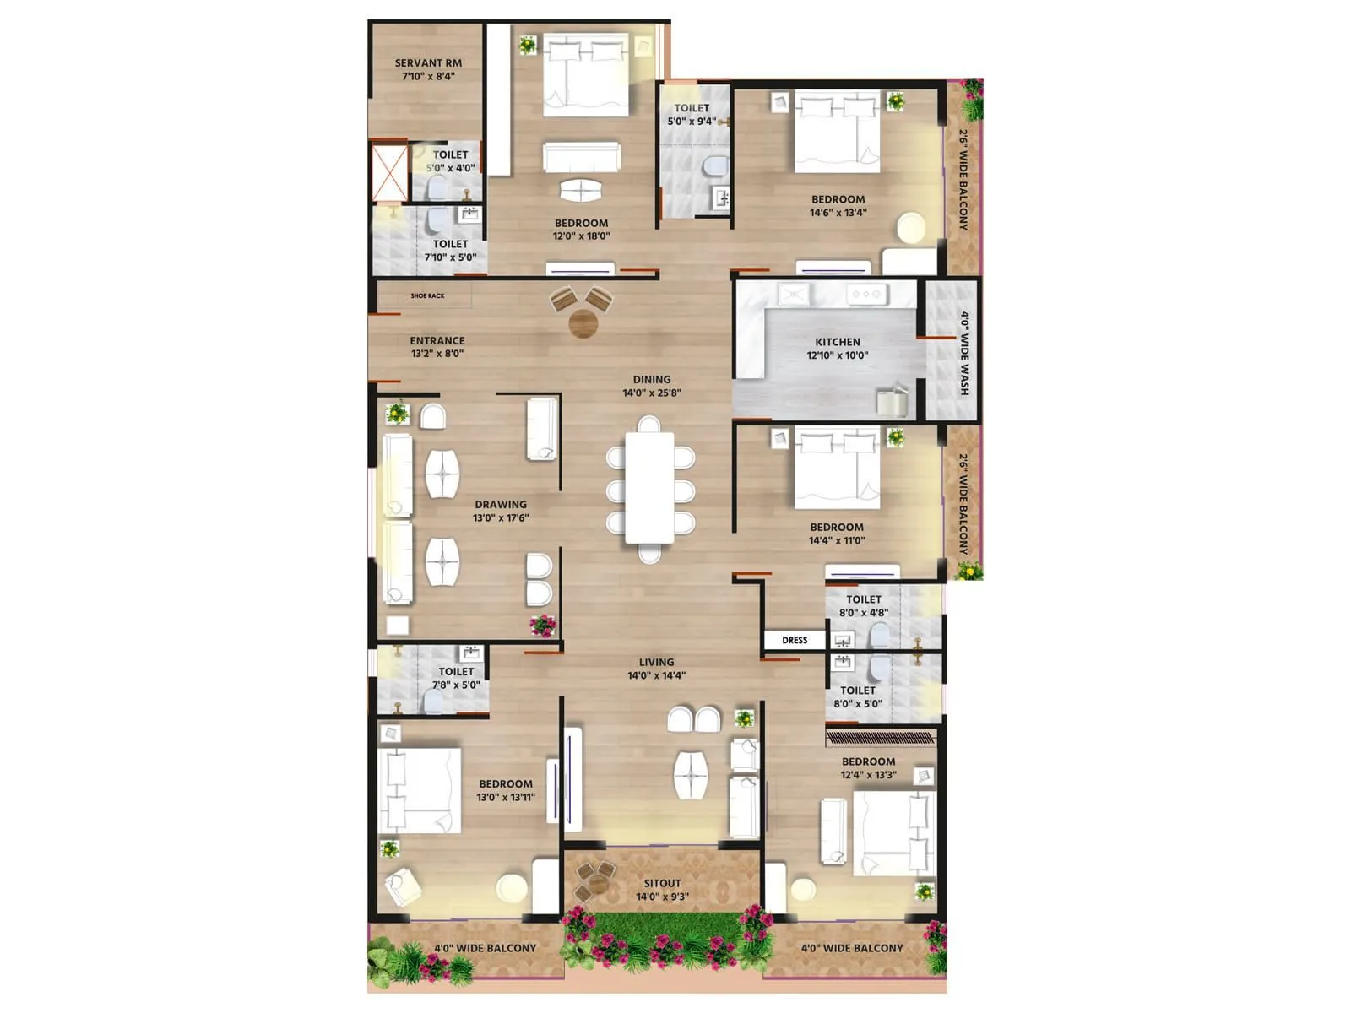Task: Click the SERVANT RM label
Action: coord(428,63)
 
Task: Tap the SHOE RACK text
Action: coord(427,296)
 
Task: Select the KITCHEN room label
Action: coord(837,342)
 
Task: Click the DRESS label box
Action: coord(794,640)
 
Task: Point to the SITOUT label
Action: coord(662,884)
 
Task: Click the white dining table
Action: coord(649,488)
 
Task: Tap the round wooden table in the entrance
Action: coord(583,323)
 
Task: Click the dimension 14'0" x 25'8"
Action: coord(651,393)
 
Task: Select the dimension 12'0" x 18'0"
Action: coord(581,236)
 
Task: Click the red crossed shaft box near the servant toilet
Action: coord(389,174)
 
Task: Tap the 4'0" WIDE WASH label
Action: coord(964,353)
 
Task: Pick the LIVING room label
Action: coord(656,663)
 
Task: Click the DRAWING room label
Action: coord(500,505)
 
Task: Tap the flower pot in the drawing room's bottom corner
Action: coord(542,626)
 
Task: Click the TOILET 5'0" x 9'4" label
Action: coord(691,109)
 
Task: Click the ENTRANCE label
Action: coord(437,341)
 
